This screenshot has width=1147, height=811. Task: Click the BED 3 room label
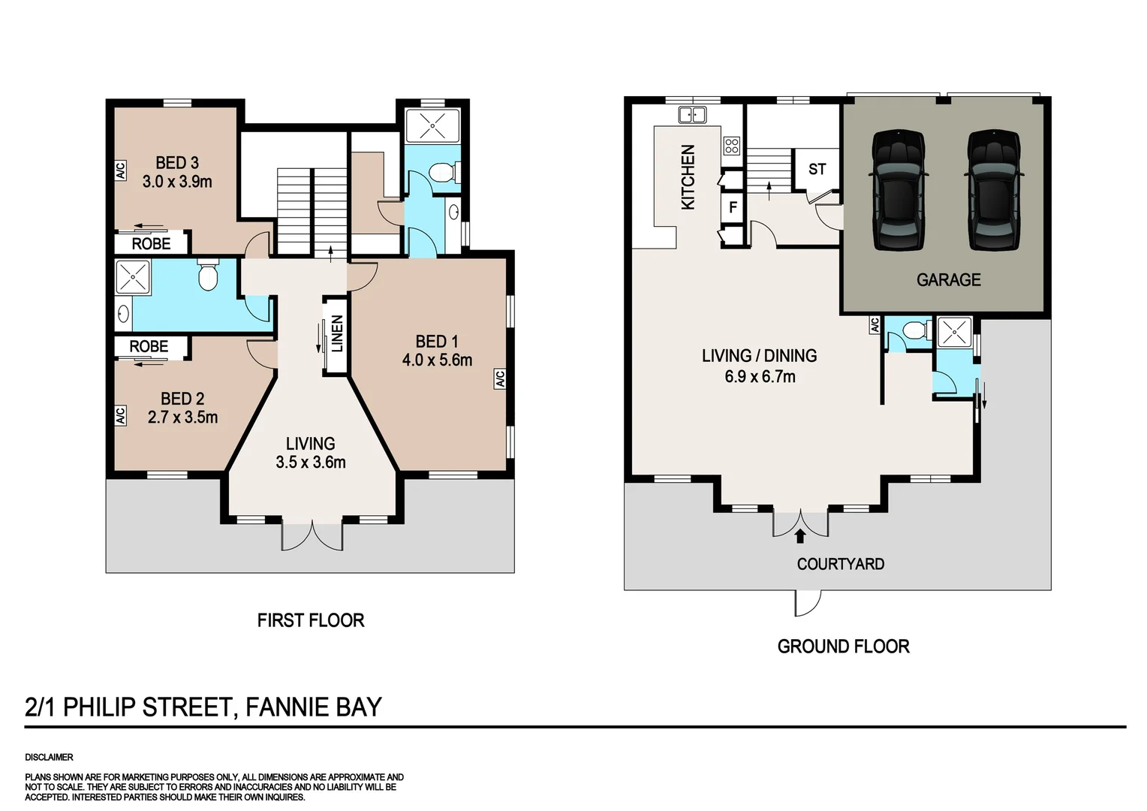pyautogui.click(x=177, y=162)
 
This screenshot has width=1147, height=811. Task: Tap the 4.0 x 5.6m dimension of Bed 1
pyautogui.click(x=437, y=360)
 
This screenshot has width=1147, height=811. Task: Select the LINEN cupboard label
pyautogui.click(x=337, y=333)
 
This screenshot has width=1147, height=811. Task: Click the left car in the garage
pyautogui.click(x=898, y=189)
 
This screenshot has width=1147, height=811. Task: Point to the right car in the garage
pyautogui.click(x=993, y=189)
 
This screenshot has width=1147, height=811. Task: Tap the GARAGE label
pyautogui.click(x=948, y=279)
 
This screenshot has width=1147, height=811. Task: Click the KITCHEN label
pyautogui.click(x=688, y=177)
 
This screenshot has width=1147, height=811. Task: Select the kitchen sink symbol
pyautogui.click(x=691, y=115)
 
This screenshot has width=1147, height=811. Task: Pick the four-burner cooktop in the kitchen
pyautogui.click(x=731, y=146)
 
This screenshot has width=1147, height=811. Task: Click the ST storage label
pyautogui.click(x=817, y=169)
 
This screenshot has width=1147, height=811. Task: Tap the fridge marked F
pyautogui.click(x=733, y=207)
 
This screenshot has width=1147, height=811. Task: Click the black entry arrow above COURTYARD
pyautogui.click(x=800, y=535)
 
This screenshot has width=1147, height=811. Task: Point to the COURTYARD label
pyautogui.click(x=840, y=563)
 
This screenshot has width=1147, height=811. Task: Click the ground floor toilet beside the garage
pyautogui.click(x=912, y=330)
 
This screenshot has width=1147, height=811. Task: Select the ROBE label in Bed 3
pyautogui.click(x=151, y=243)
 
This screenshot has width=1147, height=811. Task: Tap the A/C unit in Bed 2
pyautogui.click(x=120, y=415)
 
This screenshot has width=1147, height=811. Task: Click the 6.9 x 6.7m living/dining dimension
pyautogui.click(x=760, y=376)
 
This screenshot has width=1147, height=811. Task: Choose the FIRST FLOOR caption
pyautogui.click(x=310, y=620)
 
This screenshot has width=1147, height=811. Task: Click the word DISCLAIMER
pyautogui.click(x=49, y=757)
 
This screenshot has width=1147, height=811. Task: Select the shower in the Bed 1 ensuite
pyautogui.click(x=432, y=125)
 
